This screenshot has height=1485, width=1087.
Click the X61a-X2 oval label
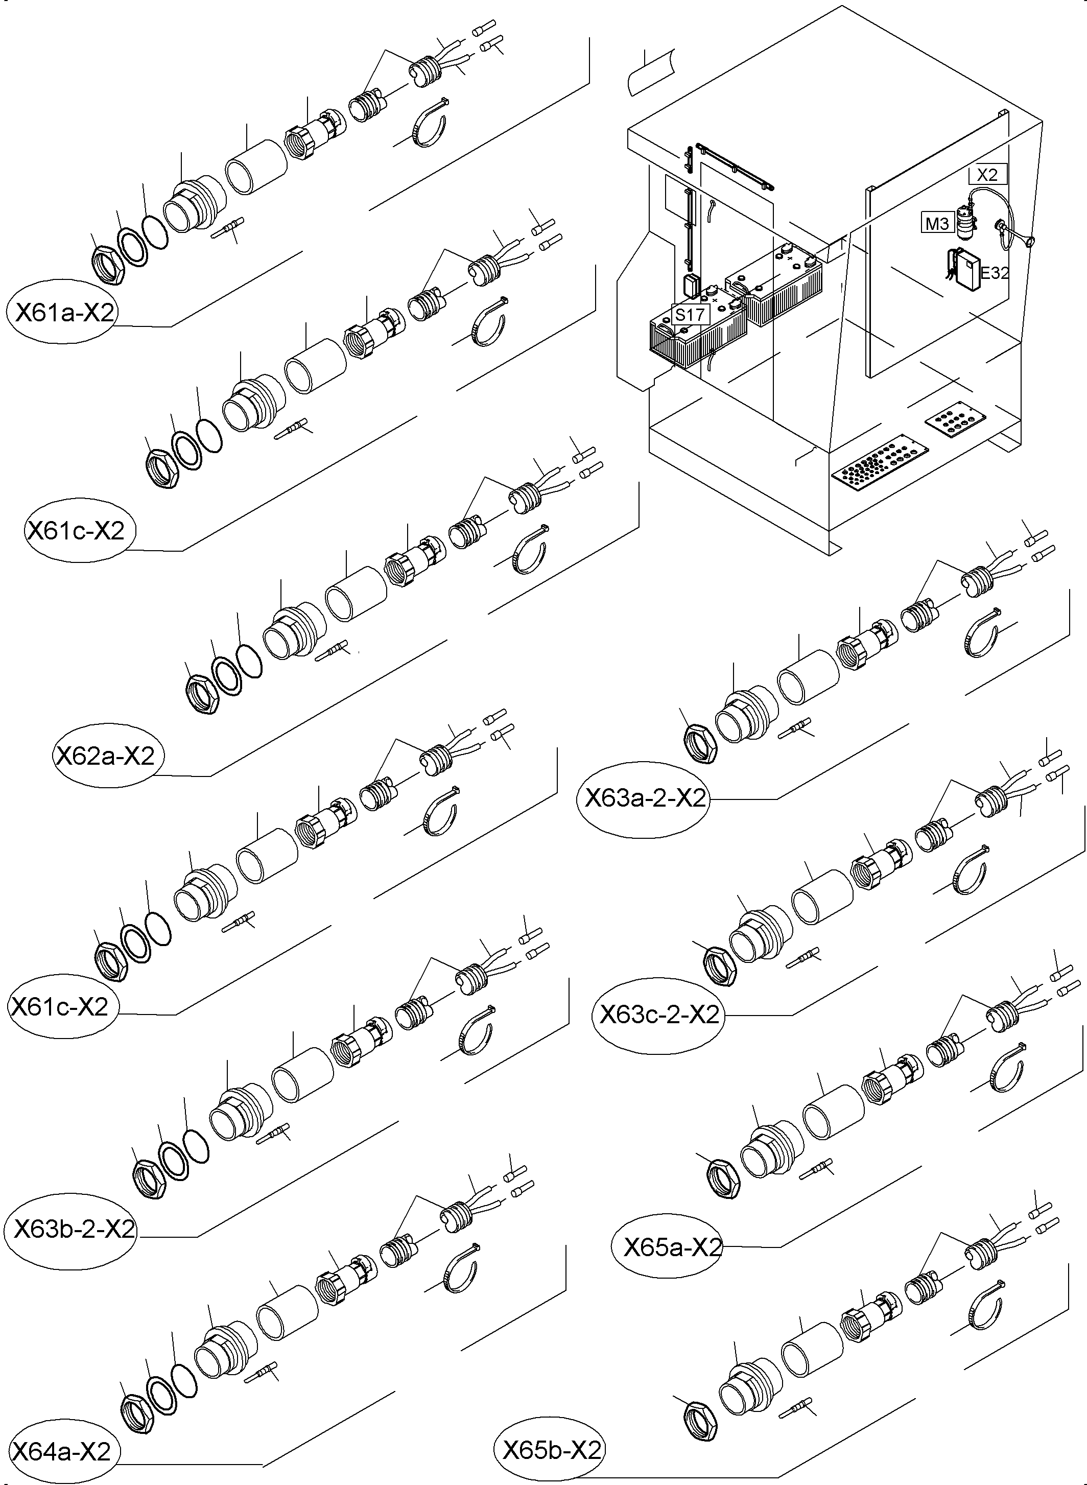[64, 312]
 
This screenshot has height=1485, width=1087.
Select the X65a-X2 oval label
[672, 1247]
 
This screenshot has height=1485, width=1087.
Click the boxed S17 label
[690, 315]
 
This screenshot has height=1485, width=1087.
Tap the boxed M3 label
[937, 224]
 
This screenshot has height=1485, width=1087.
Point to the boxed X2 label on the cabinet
[987, 174]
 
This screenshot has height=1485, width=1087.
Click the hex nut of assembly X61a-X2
[107, 265]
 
